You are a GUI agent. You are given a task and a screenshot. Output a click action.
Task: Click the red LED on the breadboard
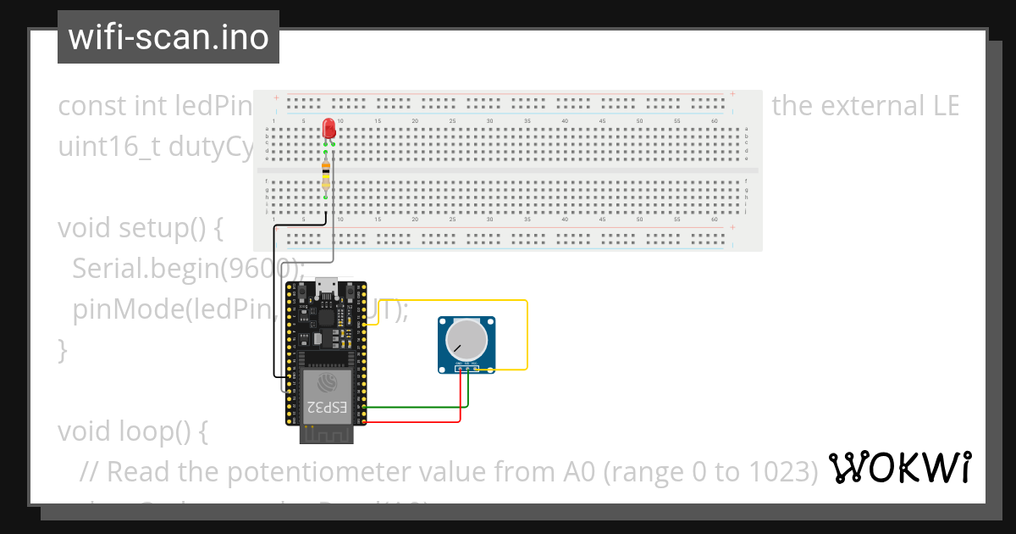(x=329, y=129)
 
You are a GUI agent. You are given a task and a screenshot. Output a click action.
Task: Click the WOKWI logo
(x=900, y=468)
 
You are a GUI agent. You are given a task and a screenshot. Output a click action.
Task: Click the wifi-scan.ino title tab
(x=168, y=37)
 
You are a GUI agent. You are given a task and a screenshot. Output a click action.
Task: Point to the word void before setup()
(x=85, y=229)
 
